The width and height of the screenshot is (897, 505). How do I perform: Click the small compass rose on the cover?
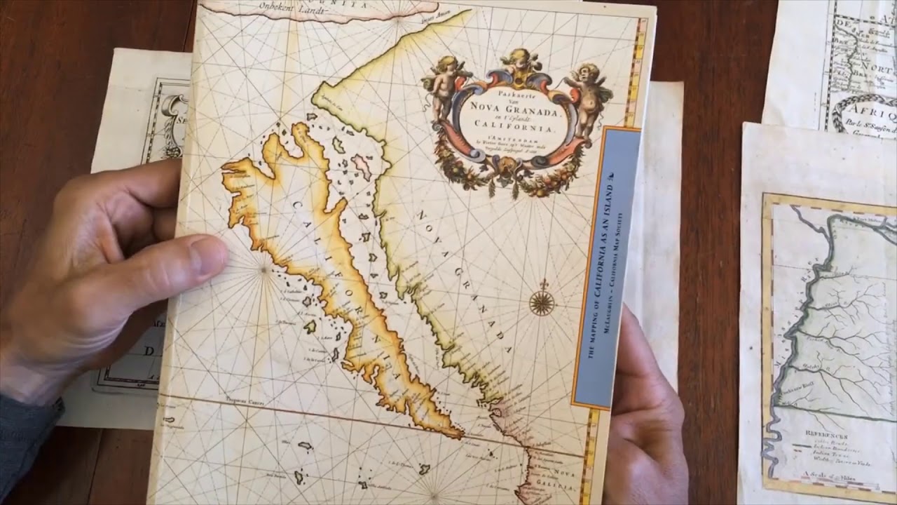[542, 302]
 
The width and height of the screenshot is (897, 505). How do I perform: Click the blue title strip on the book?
[606, 267]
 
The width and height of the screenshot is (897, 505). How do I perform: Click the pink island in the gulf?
[362, 166]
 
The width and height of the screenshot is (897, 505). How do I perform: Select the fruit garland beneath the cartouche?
[512, 175]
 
